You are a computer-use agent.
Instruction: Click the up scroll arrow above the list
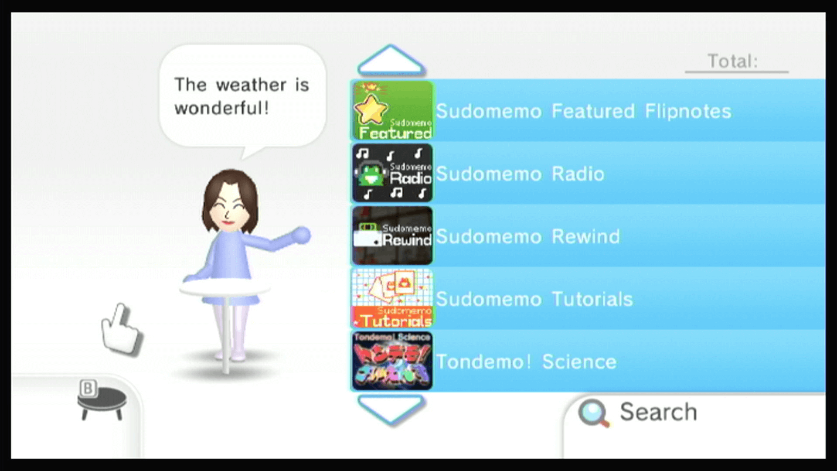(x=391, y=61)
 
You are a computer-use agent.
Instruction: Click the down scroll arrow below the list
(x=391, y=409)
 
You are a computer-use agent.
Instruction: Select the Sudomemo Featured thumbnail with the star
(x=392, y=111)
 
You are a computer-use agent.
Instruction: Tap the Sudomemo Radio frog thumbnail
(x=392, y=173)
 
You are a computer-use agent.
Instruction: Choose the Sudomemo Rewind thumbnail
(x=392, y=236)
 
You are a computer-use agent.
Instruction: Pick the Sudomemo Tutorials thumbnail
(x=392, y=298)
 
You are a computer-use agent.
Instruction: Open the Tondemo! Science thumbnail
(x=392, y=361)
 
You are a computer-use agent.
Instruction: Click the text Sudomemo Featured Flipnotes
(x=583, y=111)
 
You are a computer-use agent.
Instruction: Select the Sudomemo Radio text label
(x=520, y=174)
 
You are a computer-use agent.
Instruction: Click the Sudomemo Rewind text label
(x=527, y=236)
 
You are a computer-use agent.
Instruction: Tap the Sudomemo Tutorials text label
(x=534, y=299)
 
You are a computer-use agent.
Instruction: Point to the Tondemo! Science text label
(x=526, y=362)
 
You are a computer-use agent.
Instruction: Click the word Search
(x=658, y=412)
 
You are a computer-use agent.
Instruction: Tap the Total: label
(x=732, y=61)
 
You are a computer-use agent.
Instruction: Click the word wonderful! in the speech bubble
(x=221, y=108)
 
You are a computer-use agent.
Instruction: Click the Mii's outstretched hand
(x=301, y=235)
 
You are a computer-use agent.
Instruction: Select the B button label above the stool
(x=88, y=388)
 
